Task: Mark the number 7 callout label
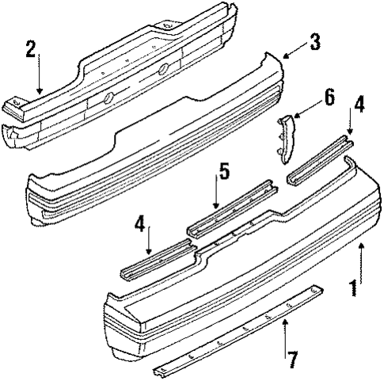(294, 360)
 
